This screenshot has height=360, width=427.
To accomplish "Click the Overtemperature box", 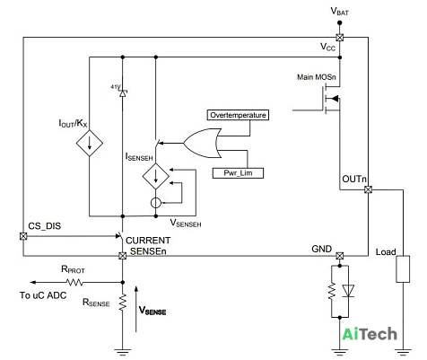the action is pos(238,115).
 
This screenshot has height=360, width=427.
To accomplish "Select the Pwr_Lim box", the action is pos(238,173).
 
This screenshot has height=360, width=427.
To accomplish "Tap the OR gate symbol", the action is pos(203,143).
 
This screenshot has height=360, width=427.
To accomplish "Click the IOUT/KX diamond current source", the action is pos(90,143).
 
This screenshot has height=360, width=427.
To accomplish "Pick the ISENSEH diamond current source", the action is pos(156,176).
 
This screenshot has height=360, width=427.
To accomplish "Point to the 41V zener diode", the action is pos(122,93).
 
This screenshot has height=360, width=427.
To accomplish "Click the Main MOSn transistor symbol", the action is pos(332,99).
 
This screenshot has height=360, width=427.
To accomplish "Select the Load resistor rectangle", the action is pos(403,269).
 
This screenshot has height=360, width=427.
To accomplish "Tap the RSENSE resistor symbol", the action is pos(122,303).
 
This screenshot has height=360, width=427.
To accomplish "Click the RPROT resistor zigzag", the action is pos(74,282).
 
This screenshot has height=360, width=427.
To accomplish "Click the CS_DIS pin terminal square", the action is pos(23,236).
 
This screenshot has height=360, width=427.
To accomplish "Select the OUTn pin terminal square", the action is pos(369,189).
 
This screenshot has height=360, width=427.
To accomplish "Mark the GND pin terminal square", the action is pos(339,256).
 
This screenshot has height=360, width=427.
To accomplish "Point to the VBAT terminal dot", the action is pos(339,22).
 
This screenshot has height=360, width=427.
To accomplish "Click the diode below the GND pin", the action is pos(348,291).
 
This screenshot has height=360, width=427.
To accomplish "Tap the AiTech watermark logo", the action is pos(370,334).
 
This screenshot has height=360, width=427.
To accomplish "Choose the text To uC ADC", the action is pos(43,295).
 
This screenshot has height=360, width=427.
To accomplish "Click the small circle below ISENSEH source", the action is pos(156,203).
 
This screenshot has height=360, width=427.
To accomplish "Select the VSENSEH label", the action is pos(186,224).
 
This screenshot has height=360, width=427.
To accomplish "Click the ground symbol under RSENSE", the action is pos(122,352).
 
